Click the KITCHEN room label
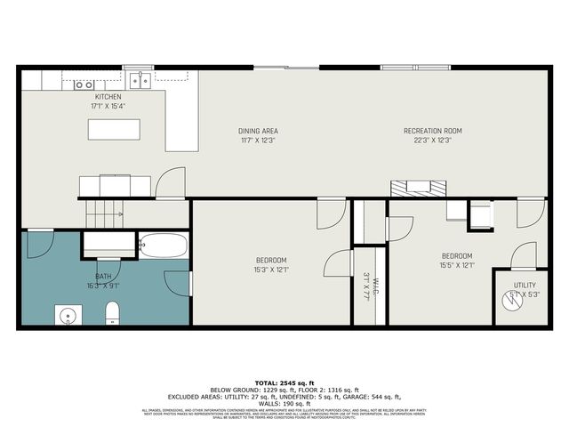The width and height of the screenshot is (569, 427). (x=108, y=96)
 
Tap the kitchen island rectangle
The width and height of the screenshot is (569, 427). (x=118, y=130)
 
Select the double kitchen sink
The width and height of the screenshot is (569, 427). (x=139, y=81)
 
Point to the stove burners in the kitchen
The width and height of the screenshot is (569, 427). (x=84, y=85)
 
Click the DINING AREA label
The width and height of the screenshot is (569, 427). (x=258, y=131)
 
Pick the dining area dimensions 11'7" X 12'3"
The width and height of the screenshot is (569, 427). (x=258, y=140)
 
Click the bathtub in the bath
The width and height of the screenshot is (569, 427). (x=163, y=245)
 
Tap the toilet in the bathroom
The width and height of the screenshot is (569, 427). (x=113, y=312)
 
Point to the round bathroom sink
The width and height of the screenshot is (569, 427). (x=66, y=314)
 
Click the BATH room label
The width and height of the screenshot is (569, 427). (x=104, y=277)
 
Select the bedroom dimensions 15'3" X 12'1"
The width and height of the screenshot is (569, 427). (x=271, y=270)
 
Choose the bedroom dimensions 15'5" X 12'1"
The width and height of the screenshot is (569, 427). (x=457, y=264)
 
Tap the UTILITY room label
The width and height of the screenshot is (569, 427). (x=525, y=286)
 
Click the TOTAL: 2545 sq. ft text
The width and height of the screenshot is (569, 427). (x=284, y=382)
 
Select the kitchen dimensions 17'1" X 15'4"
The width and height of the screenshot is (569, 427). (x=108, y=106)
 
